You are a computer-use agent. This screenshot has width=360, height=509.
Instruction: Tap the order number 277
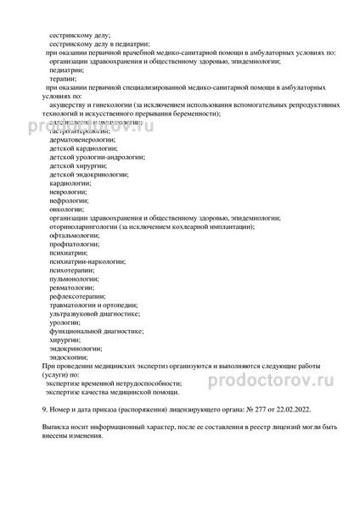click(x=255, y=409)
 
